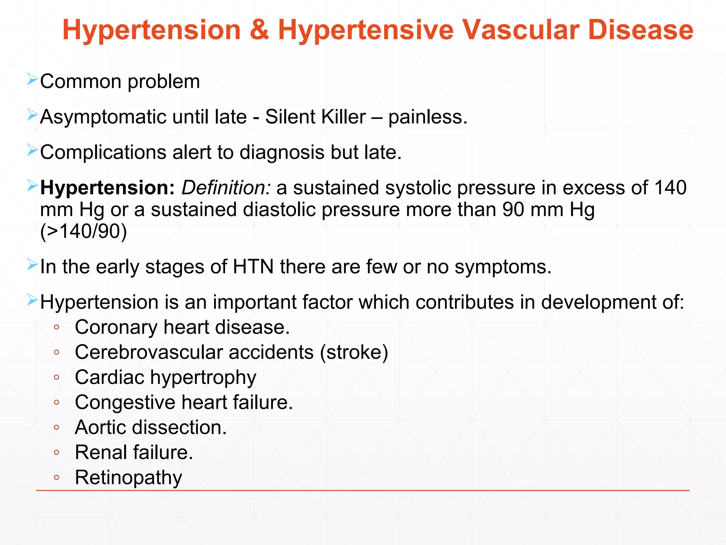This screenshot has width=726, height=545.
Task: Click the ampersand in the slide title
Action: click(x=259, y=30)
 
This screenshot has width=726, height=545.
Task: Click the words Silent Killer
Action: click(x=315, y=117)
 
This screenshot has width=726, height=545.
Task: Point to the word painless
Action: click(x=427, y=117)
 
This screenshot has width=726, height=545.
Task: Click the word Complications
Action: click(x=103, y=152)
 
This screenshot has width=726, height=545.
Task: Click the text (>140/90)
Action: click(x=84, y=231)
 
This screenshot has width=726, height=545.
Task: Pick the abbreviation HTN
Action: click(x=253, y=266)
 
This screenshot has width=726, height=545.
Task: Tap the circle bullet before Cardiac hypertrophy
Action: click(x=56, y=378)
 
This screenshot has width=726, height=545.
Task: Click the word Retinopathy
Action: click(x=128, y=478)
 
